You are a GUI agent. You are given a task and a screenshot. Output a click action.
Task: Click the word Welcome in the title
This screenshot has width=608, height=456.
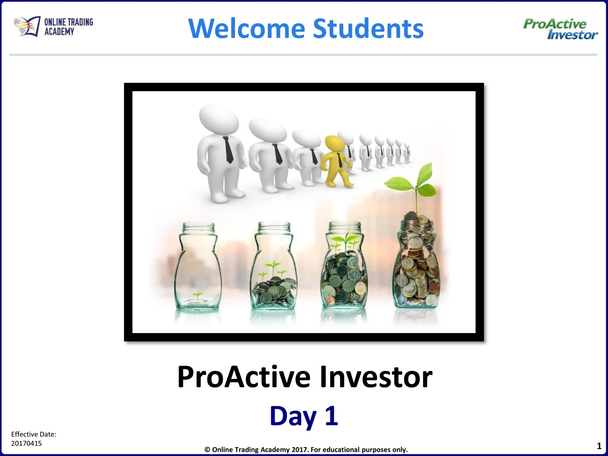[x=247, y=28]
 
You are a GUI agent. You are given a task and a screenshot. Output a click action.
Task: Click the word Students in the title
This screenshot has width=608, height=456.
[x=368, y=28]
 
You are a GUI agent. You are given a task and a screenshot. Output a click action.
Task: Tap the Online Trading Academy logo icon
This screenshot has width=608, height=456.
[x=27, y=27]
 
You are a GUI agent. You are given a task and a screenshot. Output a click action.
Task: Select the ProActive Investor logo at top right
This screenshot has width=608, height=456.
[x=560, y=29]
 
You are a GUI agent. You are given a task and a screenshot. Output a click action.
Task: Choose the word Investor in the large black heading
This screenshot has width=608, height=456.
[x=376, y=377]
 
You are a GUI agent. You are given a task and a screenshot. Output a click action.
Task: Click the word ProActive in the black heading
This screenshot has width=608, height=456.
[x=244, y=377]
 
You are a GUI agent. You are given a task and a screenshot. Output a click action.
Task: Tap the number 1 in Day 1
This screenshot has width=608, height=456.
[x=331, y=415]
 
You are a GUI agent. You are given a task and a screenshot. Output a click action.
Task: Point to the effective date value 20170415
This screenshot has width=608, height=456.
[x=26, y=443]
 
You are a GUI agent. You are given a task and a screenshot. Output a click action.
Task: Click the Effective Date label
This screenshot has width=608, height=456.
[x=33, y=434]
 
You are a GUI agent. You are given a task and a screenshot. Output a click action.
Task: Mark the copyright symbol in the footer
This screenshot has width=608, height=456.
[x=207, y=450]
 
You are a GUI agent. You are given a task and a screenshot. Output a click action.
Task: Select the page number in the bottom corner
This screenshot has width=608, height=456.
[x=599, y=446]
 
